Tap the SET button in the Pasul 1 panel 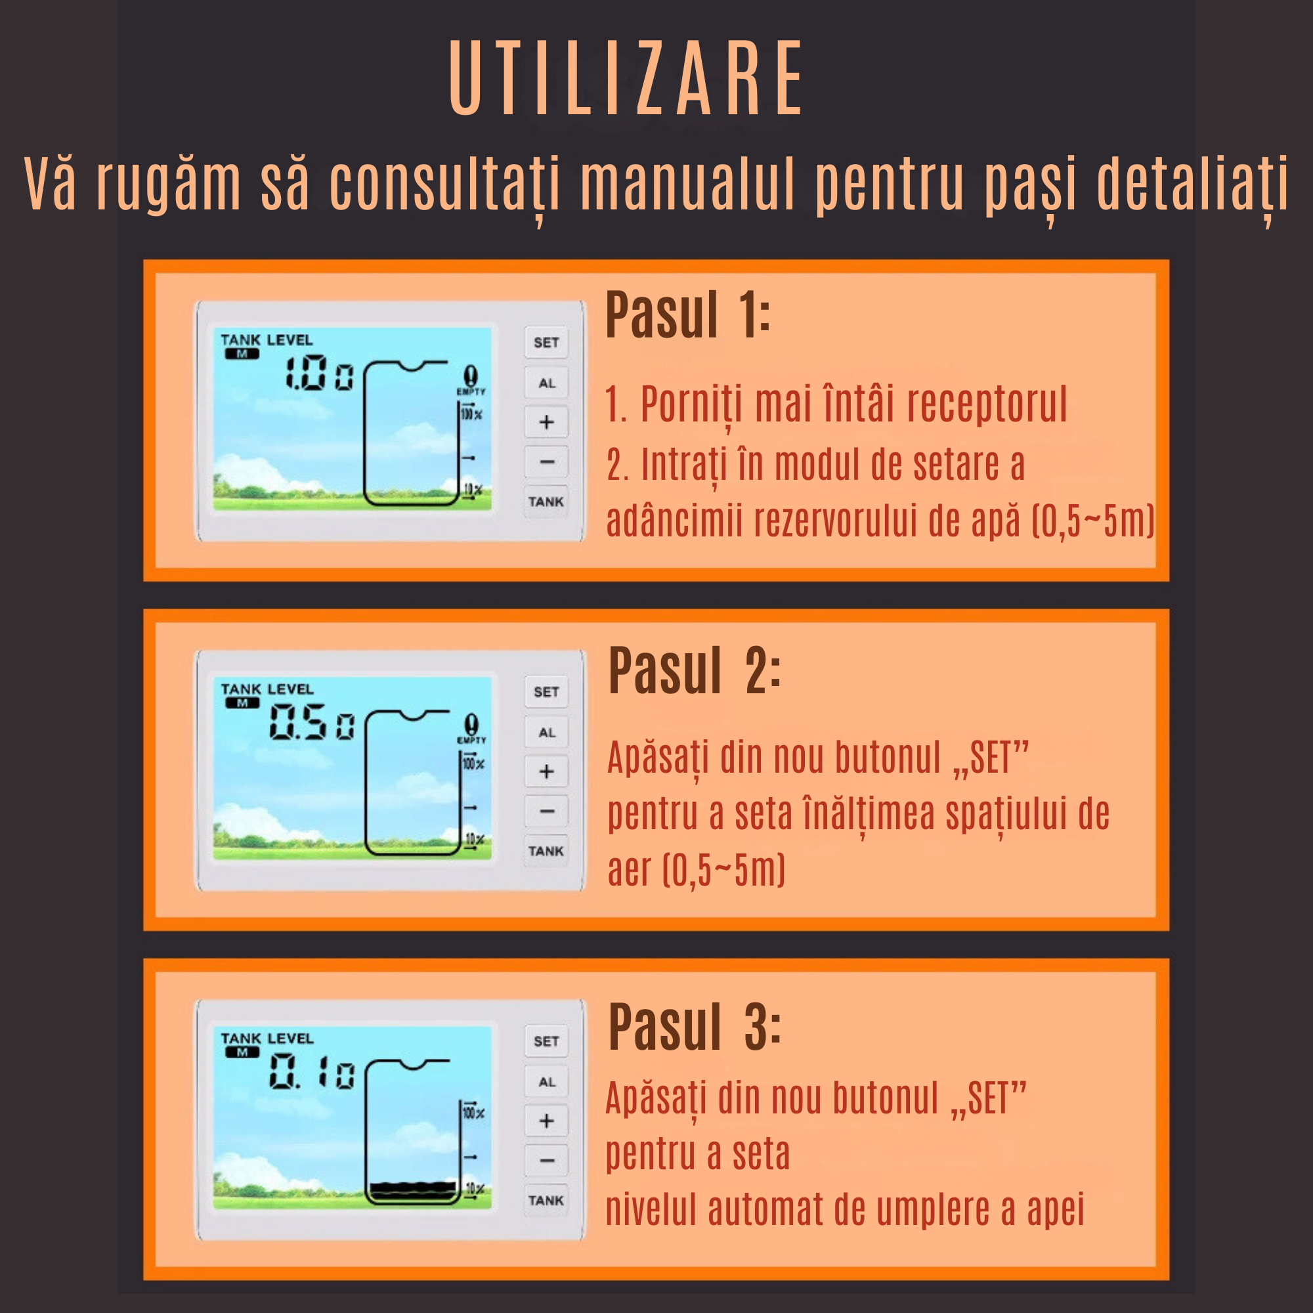click(546, 343)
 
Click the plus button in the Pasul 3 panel click(546, 1121)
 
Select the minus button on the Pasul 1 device click(546, 462)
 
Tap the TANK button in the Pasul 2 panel click(546, 851)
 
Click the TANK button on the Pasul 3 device click(546, 1200)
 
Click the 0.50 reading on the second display click(311, 721)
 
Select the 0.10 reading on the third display click(311, 1072)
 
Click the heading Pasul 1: click(688, 315)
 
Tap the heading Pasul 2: click(693, 672)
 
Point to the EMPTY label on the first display click(470, 392)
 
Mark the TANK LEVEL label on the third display click(267, 1039)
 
